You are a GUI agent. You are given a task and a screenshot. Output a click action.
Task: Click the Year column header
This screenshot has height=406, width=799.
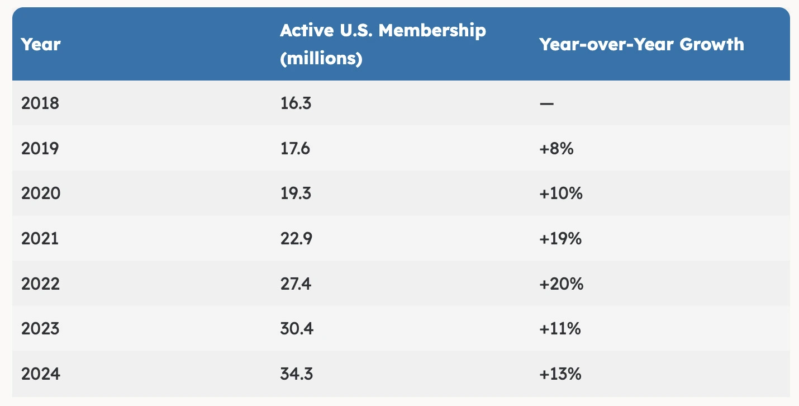(x=41, y=44)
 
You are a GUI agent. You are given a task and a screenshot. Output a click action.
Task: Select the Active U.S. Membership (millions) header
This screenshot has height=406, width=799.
(x=383, y=44)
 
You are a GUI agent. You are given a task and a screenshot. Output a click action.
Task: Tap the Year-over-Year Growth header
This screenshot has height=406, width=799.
(x=641, y=44)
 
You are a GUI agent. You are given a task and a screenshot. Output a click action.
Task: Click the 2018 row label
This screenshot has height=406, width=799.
(x=40, y=103)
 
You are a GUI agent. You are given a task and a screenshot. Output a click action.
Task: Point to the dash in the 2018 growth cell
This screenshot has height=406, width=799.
(x=547, y=103)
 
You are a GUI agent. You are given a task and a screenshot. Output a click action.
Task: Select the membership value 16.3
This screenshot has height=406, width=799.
(x=296, y=103)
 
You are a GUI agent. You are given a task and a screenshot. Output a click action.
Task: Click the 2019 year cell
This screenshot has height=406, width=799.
(x=40, y=148)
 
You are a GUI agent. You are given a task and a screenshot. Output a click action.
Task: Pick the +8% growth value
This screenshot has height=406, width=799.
(x=556, y=148)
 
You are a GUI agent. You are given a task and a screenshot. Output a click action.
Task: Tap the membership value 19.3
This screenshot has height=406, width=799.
(x=296, y=193)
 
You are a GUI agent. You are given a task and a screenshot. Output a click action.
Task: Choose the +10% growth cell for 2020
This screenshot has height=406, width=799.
(x=561, y=193)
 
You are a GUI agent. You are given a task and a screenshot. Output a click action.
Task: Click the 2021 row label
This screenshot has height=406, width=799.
(x=40, y=239)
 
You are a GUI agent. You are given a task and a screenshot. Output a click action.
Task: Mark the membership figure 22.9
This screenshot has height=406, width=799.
(x=296, y=239)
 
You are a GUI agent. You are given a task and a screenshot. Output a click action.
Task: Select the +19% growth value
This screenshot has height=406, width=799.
(x=560, y=239)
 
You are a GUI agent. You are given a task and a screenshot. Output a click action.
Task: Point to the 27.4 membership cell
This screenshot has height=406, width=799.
(x=296, y=284)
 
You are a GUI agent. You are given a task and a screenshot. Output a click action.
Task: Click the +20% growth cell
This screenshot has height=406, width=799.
(x=562, y=284)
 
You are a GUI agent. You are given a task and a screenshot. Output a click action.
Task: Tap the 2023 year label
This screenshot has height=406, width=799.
(x=40, y=328)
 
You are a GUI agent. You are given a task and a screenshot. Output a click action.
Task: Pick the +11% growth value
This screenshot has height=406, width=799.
(x=560, y=328)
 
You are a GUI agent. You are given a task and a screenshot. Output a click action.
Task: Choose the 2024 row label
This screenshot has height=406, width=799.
(x=40, y=374)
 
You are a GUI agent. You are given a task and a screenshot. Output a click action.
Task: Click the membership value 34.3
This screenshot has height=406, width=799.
(x=296, y=374)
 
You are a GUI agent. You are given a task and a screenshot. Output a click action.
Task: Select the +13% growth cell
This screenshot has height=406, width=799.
(x=560, y=374)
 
